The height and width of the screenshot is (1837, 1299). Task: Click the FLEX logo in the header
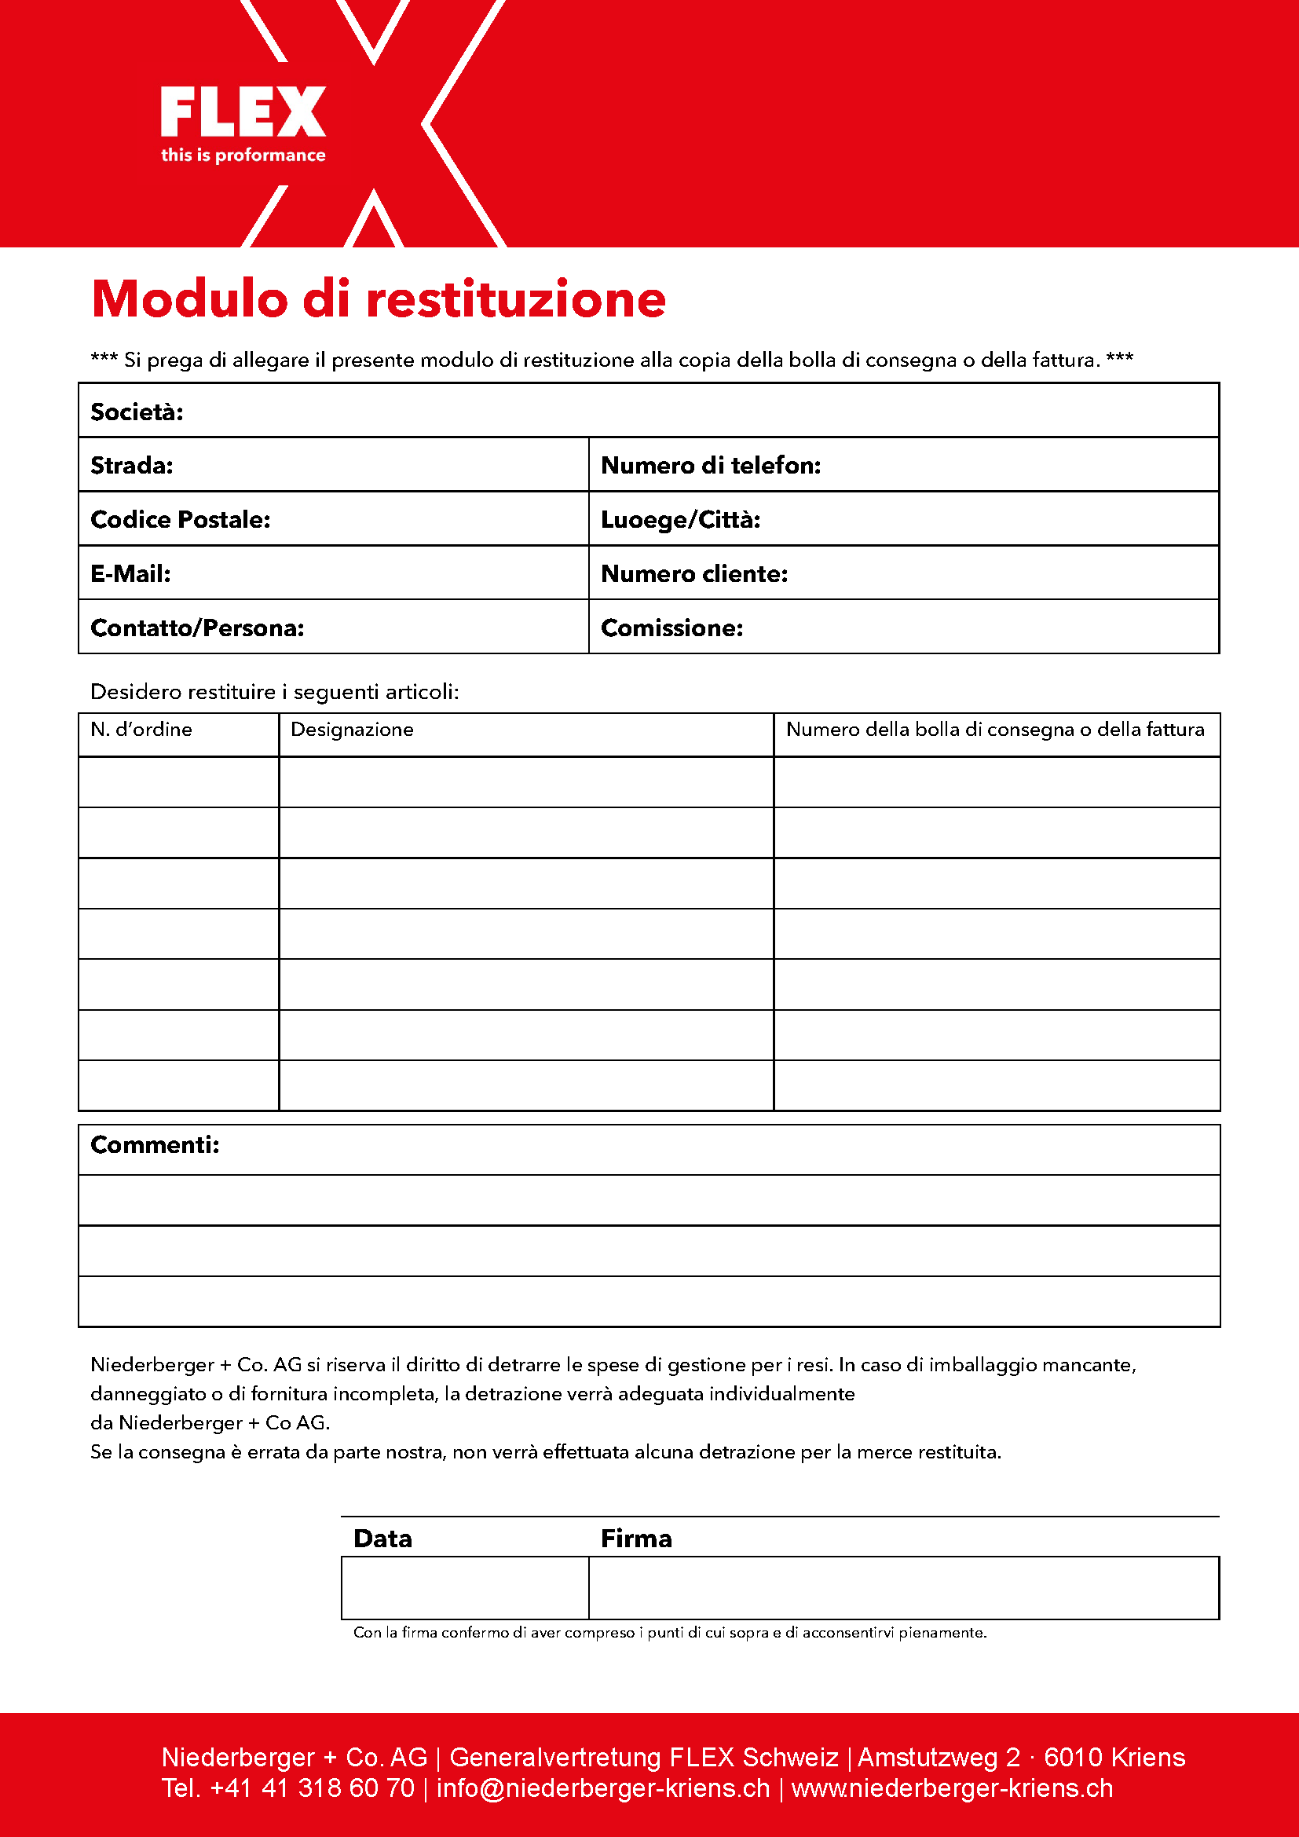pos(243,113)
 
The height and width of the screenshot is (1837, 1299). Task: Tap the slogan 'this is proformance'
pos(243,156)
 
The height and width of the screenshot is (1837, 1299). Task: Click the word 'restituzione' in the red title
pos(516,299)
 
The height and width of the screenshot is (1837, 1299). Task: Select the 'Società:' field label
pos(137,412)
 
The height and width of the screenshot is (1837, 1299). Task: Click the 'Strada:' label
pos(132,466)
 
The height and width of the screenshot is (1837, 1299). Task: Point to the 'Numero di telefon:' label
pos(710,466)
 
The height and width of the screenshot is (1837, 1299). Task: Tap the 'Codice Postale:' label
pos(180,520)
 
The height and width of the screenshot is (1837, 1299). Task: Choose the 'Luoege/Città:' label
pos(680,520)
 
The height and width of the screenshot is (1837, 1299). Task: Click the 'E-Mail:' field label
pos(130,573)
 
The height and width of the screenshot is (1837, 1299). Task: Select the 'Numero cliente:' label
pos(694,573)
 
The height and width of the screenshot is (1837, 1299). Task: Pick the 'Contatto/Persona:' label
pos(197,628)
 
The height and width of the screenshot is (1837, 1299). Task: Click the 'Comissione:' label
pos(672,628)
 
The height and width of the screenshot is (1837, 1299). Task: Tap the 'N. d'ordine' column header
pos(141,730)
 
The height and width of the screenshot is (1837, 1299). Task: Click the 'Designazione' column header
pos(352,730)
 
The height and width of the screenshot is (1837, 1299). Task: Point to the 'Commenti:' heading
pos(156,1145)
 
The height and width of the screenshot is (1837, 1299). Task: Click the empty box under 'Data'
pos(465,1587)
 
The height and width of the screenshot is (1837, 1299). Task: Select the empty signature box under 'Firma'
pos(903,1587)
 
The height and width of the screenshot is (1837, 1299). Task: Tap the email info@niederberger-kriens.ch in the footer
pos(602,1788)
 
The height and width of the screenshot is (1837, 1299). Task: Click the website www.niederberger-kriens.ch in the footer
pos(952,1788)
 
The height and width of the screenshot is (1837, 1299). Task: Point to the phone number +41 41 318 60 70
pos(312,1788)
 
